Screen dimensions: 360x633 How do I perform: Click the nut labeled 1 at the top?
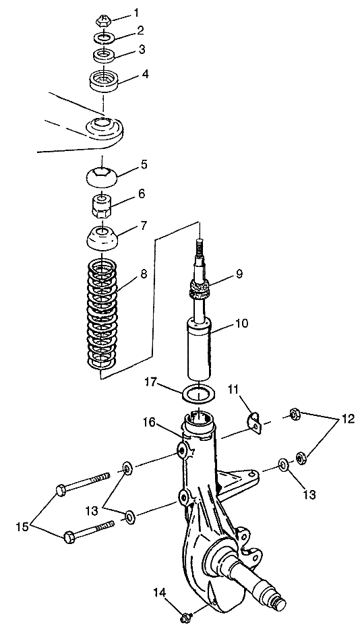pos(104,20)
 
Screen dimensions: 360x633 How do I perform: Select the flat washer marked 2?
pos(104,38)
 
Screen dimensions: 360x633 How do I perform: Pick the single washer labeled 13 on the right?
pos(283,464)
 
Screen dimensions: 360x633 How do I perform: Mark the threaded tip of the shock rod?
pos(199,247)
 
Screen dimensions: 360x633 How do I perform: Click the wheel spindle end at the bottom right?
pos(279,603)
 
